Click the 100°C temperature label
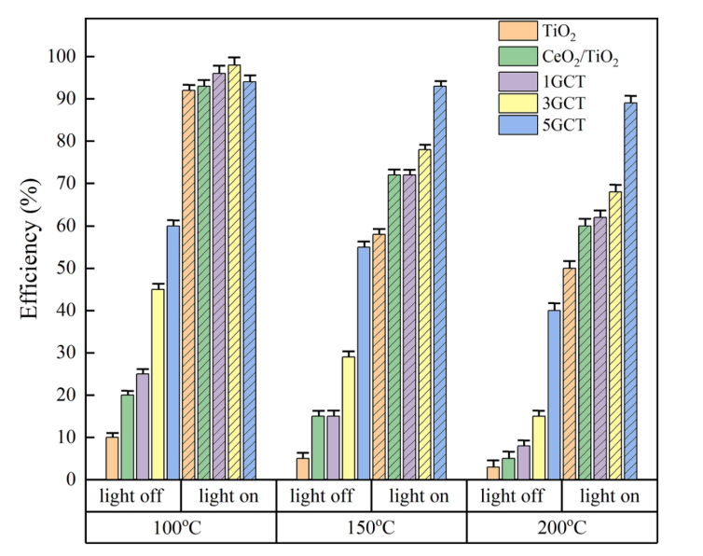point(181,527)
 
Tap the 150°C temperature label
point(371,527)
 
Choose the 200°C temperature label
point(561,527)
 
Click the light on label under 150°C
point(418,496)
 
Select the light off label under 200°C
point(513,496)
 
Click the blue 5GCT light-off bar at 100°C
point(172,353)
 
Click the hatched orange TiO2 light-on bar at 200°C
point(569,373)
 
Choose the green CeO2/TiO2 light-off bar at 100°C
point(127,437)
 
